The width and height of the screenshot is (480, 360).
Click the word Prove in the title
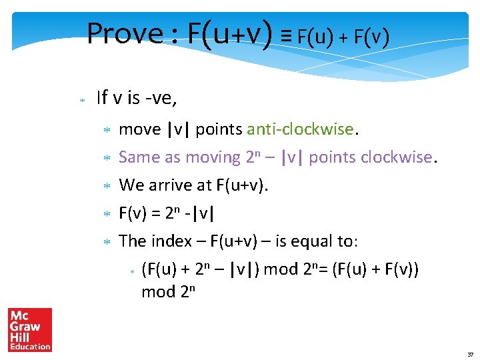pyautogui.click(x=125, y=33)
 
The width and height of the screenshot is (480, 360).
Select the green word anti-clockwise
pyautogui.click(x=302, y=129)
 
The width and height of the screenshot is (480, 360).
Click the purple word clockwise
pyautogui.click(x=397, y=157)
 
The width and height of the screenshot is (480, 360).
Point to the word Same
pyautogui.click(x=139, y=157)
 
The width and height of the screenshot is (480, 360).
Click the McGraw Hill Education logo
pyautogui.click(x=30, y=329)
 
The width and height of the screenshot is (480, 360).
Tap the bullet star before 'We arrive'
pyautogui.click(x=106, y=186)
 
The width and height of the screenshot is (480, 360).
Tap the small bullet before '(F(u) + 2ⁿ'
pyautogui.click(x=132, y=271)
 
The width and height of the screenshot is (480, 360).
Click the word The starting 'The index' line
pyautogui.click(x=132, y=241)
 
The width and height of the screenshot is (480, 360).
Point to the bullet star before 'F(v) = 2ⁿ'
pyautogui.click(x=106, y=214)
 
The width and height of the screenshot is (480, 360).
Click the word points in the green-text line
pyautogui.click(x=219, y=129)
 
